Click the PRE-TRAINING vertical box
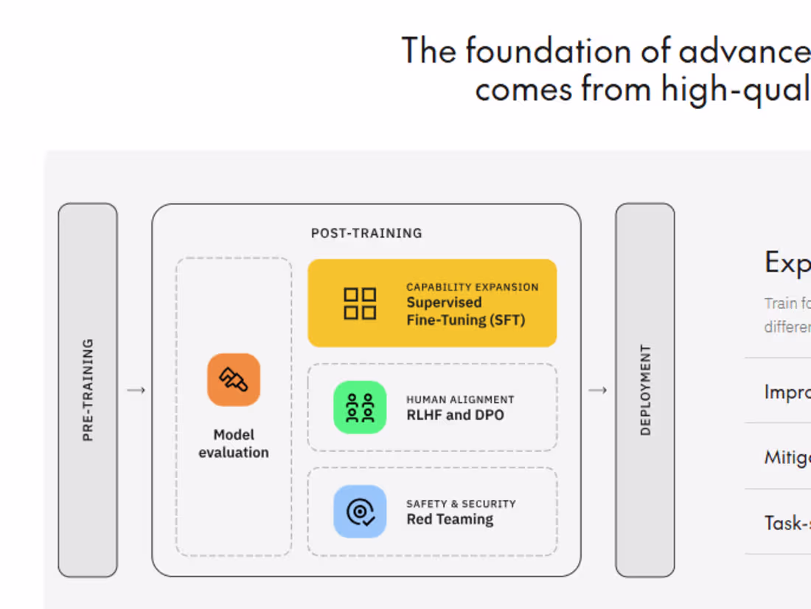coord(88,389)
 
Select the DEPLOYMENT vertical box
coord(645,389)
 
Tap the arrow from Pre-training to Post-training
coord(136,390)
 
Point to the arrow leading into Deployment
coord(597,390)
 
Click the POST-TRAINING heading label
coord(366,233)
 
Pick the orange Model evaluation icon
coord(234,380)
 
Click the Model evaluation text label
coord(234,444)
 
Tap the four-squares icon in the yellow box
coord(360,303)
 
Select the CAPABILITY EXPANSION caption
coord(472,287)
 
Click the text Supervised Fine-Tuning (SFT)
coord(465,311)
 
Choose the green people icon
coord(360,407)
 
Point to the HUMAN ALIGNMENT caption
coord(460,400)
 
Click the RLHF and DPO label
coord(455,415)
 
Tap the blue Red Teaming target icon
coord(360,511)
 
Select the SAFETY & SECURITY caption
coord(461,504)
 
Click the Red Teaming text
coord(450,520)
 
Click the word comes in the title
coord(524,90)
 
